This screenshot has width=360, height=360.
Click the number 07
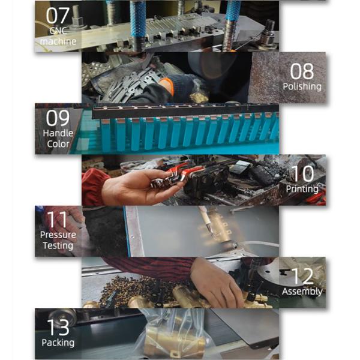(58, 16)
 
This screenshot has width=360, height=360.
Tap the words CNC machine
(58, 36)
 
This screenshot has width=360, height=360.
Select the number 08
(302, 71)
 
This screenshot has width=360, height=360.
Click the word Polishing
(302, 86)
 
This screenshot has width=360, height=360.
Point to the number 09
(58, 118)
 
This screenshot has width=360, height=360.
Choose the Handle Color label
(58, 139)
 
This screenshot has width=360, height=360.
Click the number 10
(303, 174)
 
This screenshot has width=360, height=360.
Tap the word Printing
(302, 189)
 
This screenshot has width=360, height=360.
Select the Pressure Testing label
(58, 240)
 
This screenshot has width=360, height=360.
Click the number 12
(302, 277)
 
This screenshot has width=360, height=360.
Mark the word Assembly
(302, 292)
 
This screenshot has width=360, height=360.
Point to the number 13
(58, 328)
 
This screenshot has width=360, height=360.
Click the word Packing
(58, 343)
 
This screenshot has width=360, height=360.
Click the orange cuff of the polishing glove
(167, 86)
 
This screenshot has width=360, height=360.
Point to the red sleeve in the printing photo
(94, 187)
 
